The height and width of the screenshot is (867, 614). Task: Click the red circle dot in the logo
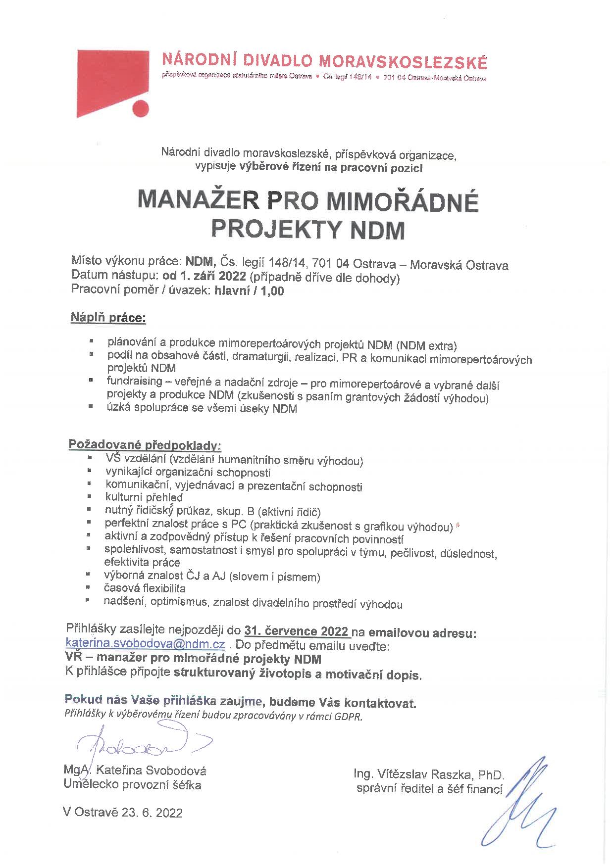tap(140, 108)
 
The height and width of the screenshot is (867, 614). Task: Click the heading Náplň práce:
tap(108, 317)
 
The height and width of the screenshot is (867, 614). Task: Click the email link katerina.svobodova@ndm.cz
tap(146, 644)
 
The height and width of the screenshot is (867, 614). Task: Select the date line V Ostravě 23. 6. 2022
tap(123, 813)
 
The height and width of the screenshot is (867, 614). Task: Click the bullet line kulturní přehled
tap(144, 497)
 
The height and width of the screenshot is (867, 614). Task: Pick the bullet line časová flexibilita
tap(145, 588)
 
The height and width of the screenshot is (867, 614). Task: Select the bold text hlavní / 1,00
tap(249, 291)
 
